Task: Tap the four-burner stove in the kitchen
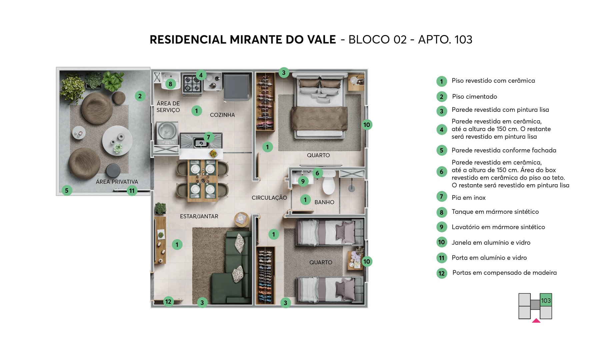coord(192,84)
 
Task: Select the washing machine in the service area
coord(167,133)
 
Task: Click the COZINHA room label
coord(222,115)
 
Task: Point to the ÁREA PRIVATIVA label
coord(117,182)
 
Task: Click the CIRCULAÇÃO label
coord(269,198)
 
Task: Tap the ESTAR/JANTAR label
coord(199,216)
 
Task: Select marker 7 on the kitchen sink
coord(208,137)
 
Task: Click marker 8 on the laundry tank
coord(170,84)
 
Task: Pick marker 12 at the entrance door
coord(168,302)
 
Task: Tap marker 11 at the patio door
coord(132,191)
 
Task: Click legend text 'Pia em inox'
coord(468,198)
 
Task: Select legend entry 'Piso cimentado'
coord(474,97)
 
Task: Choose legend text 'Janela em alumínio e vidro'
coord(491,243)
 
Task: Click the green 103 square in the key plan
coord(546,300)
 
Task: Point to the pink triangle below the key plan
coord(536,321)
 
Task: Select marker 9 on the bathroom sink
coord(303,181)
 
